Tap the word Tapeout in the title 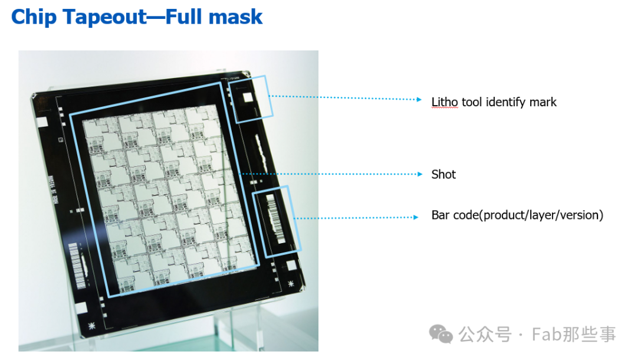104,17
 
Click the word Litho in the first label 445,102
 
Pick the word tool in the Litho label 472,102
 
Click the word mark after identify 543,102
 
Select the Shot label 443,174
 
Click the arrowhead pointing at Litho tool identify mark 419,99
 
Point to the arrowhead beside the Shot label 420,174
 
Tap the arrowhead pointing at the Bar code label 416,217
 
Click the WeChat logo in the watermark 441,334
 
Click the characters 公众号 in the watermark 485,335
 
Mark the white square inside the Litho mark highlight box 247,98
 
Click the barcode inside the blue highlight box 275,218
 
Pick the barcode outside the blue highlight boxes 78,266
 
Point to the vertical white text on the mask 53,189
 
